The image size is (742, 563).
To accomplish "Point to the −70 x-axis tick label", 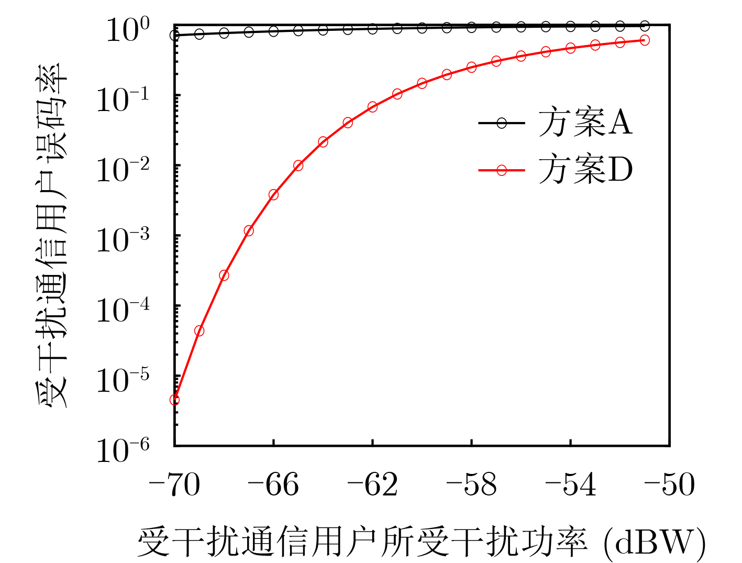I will tap(174, 485).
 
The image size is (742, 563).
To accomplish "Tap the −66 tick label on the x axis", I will tap(273, 485).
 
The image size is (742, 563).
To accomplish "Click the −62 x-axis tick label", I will tap(372, 485).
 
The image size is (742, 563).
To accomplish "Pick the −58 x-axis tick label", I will tap(471, 485).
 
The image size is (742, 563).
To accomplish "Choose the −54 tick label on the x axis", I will tap(570, 485).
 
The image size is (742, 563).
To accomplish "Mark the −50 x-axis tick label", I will tap(669, 485).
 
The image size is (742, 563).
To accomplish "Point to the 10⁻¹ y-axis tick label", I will tap(123, 100).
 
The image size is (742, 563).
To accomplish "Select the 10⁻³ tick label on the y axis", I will tap(123, 240).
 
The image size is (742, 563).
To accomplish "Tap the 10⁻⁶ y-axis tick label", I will tap(123, 450).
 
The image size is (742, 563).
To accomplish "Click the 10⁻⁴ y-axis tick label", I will tap(123, 310).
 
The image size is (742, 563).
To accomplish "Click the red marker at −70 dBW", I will tap(175, 400).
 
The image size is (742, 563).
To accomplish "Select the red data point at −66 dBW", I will tap(273, 195).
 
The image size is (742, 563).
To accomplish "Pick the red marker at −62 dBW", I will tap(372, 107).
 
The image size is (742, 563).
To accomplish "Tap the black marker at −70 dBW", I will tap(175, 35).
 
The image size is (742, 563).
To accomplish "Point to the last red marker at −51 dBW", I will tap(645, 40).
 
